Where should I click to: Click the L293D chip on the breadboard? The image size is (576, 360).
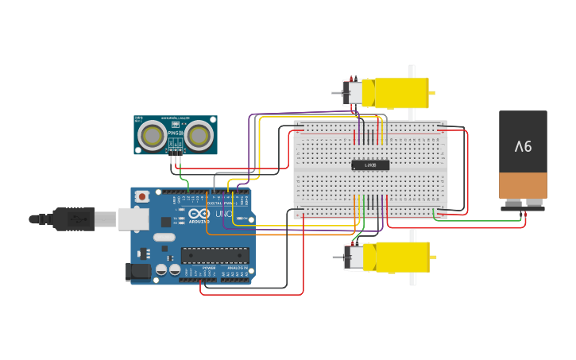[370, 165]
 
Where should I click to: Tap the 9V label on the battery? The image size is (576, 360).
[523, 146]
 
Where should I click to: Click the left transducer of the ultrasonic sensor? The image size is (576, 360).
[152, 136]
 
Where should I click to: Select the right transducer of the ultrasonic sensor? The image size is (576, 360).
[199, 136]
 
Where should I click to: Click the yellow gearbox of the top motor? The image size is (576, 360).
[400, 93]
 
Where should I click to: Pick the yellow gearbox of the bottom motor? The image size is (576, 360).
[401, 257]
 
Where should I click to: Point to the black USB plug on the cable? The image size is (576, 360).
[74, 219]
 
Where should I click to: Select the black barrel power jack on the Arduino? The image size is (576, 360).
[138, 272]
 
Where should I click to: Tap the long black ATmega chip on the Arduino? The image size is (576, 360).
[215, 255]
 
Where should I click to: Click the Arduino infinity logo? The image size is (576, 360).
[199, 214]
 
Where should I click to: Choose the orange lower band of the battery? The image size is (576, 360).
[523, 185]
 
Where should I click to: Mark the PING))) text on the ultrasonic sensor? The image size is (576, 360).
[175, 134]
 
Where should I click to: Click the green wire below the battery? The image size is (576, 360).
[485, 221]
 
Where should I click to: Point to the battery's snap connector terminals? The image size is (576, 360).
[523, 204]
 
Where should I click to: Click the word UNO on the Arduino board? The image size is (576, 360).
[224, 214]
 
